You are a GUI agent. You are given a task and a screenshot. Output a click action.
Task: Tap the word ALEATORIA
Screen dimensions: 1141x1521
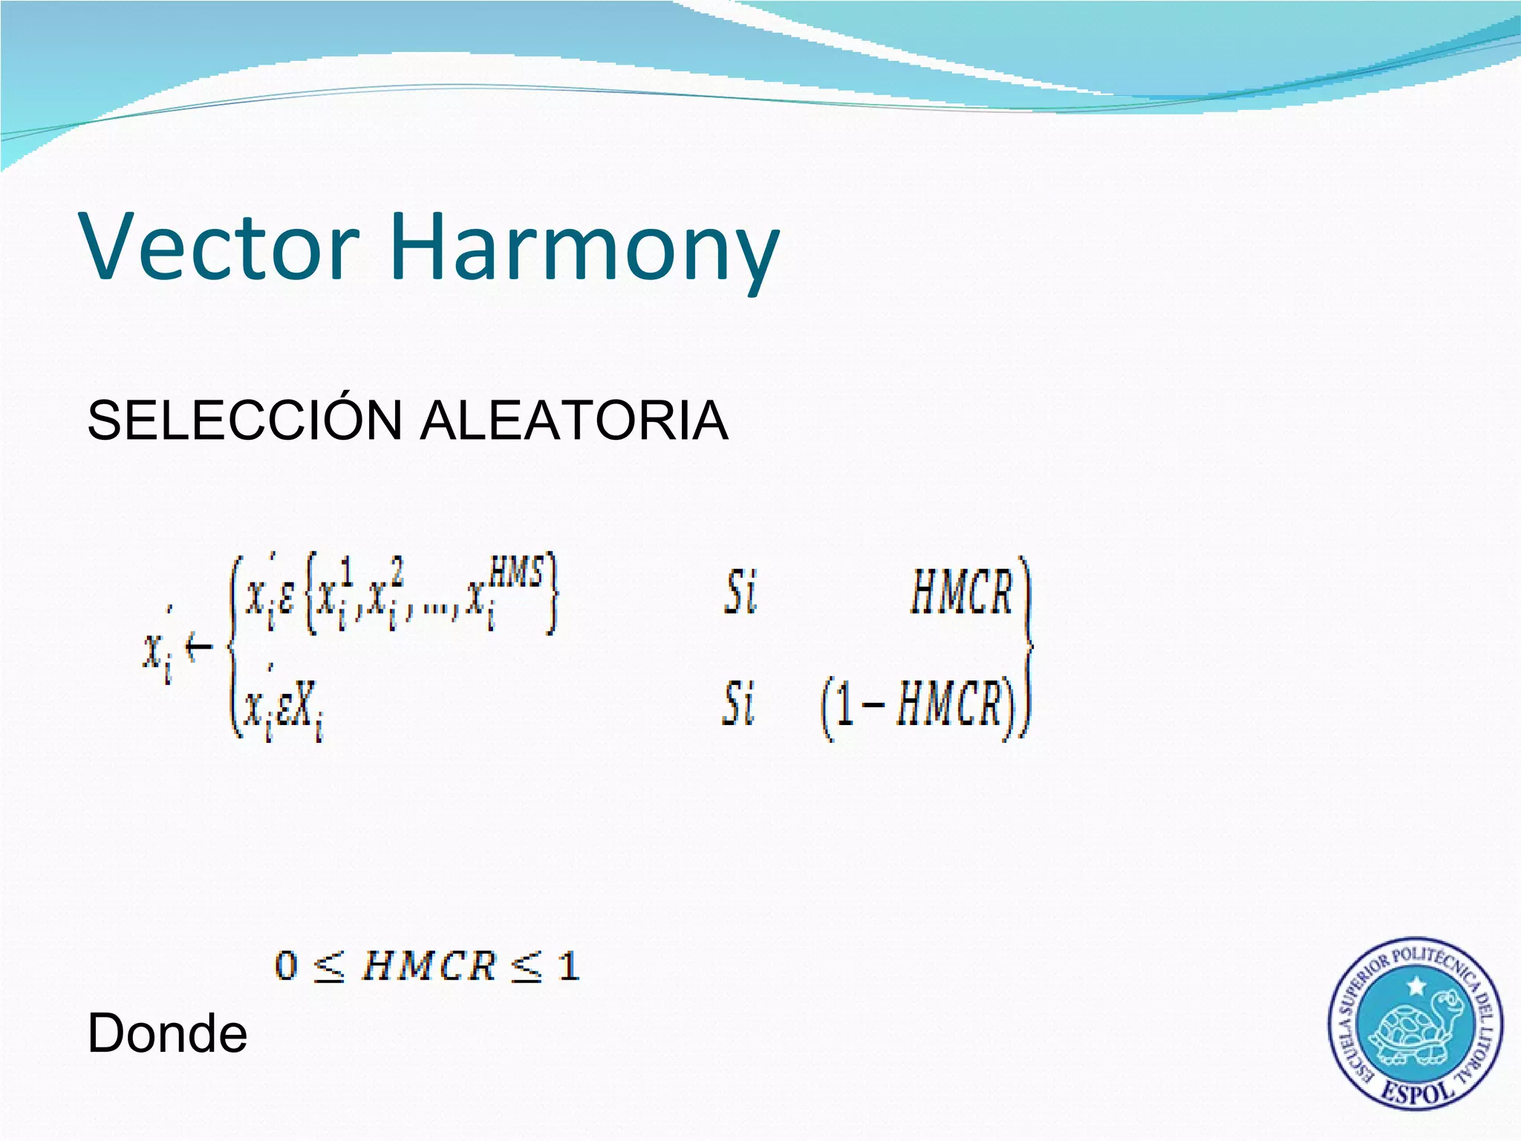(x=573, y=421)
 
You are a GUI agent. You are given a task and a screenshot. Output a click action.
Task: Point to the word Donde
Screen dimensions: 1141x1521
(x=167, y=1033)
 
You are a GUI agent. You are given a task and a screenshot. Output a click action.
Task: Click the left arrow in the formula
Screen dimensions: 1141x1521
(x=199, y=648)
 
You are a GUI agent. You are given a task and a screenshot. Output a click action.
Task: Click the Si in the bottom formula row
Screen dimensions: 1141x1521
(x=738, y=703)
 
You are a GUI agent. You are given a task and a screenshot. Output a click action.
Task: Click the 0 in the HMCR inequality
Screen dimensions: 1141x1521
(x=287, y=966)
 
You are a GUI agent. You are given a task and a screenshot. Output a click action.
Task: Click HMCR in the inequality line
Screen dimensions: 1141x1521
(x=429, y=966)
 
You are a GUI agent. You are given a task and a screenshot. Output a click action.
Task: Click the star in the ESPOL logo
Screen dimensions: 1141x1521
(x=1417, y=986)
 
